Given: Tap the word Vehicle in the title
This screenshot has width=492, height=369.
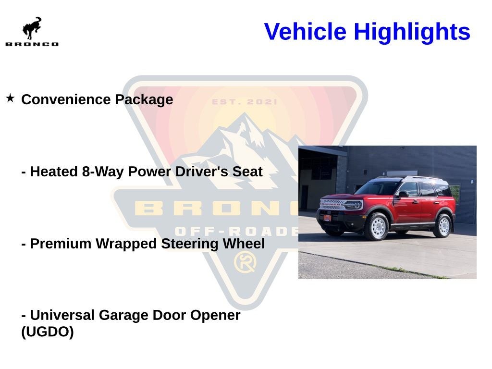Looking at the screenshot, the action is click(305, 31).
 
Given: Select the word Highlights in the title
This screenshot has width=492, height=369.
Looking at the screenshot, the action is click(412, 32).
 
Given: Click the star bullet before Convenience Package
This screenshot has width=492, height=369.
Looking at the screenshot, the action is click(11, 98).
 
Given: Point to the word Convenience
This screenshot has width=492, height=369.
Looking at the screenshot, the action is click(66, 99).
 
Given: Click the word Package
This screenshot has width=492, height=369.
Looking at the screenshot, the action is click(144, 100).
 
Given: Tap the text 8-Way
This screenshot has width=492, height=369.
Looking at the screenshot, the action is click(103, 172).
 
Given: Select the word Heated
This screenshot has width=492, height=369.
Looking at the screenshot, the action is click(54, 172).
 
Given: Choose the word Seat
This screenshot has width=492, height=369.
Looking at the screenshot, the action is click(247, 172).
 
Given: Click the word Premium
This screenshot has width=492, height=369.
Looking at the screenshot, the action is click(62, 244).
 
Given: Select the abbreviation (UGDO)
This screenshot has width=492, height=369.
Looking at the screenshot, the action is click(48, 332).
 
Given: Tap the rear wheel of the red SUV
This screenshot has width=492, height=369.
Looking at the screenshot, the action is click(443, 226).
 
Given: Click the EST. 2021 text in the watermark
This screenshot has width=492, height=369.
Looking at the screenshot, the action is click(245, 102).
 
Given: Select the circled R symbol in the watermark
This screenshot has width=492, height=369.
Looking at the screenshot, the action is click(245, 262).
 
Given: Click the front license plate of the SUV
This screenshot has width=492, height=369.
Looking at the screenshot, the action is click(327, 218).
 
